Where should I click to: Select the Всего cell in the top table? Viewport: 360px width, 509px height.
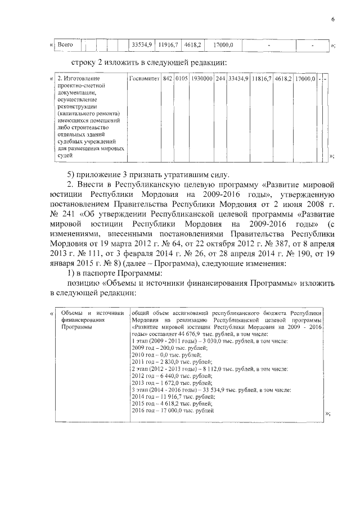tap(66, 44)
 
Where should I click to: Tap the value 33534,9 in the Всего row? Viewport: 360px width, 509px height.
tap(141, 44)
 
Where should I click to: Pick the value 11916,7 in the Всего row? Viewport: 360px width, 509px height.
tap(168, 44)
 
